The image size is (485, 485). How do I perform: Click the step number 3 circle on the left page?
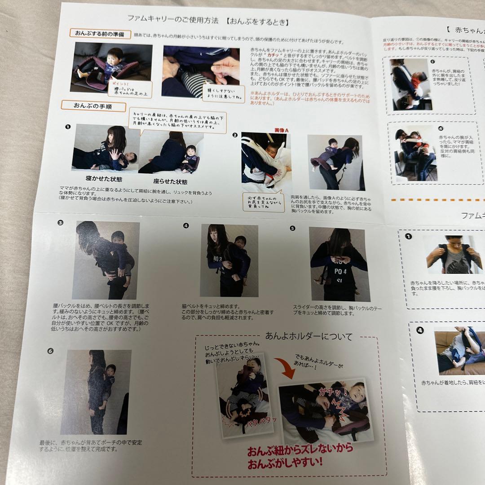coord(61,222)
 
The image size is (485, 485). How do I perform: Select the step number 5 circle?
coord(293,228)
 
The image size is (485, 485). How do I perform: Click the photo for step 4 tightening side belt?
coord(229,260)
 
